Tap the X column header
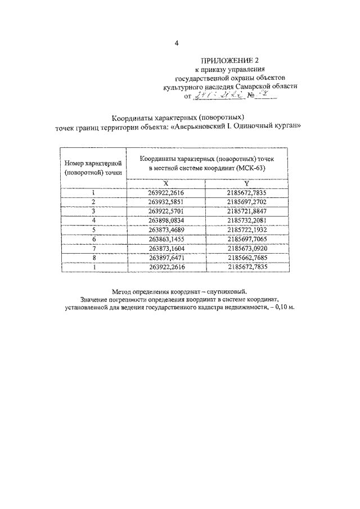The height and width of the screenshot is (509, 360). (x=165, y=183)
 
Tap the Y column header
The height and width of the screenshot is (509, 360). (x=246, y=183)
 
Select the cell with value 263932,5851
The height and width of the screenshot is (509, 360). (x=166, y=201)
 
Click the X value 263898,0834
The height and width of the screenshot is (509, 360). (x=166, y=219)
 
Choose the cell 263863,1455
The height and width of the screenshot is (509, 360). (x=166, y=239)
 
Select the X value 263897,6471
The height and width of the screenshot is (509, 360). (x=166, y=257)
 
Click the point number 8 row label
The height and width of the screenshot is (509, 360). (x=93, y=257)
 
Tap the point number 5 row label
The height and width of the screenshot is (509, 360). (x=93, y=229)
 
